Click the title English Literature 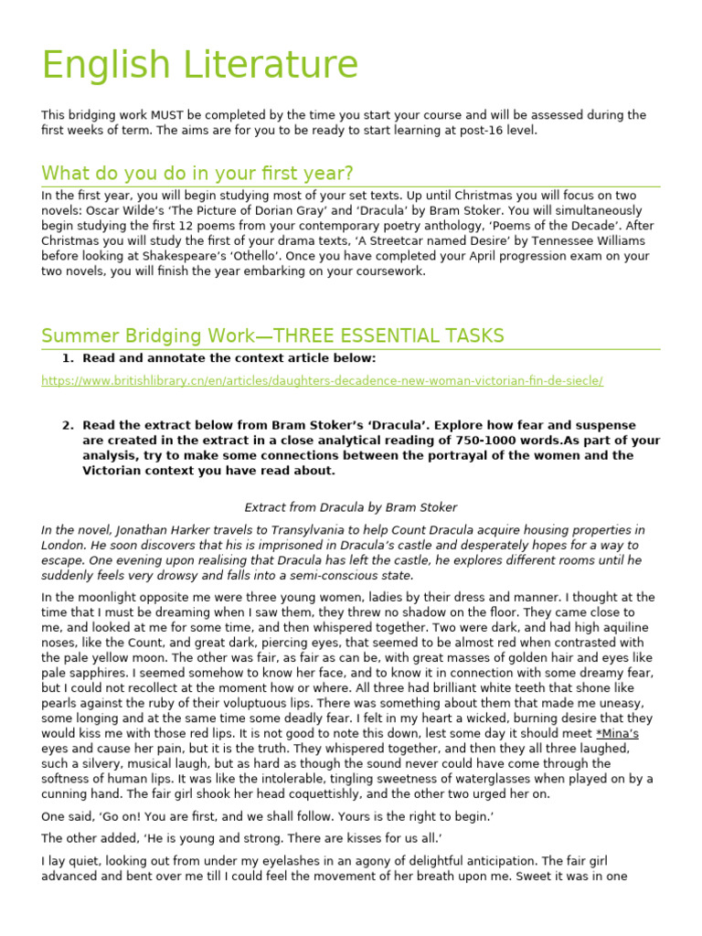click(200, 66)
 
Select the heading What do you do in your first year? click(197, 174)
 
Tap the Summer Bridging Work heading click(272, 335)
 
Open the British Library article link click(322, 380)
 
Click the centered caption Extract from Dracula click(351, 507)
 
